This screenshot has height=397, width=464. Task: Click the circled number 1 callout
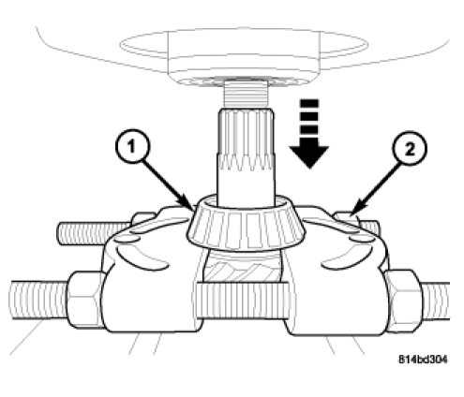click(132, 145)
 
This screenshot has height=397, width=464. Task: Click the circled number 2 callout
click(409, 149)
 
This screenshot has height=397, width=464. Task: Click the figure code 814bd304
click(423, 360)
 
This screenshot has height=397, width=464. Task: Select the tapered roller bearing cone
click(247, 224)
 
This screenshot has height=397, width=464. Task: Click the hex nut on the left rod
click(85, 299)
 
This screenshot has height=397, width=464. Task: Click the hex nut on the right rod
click(404, 301)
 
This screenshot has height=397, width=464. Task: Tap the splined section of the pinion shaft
click(247, 139)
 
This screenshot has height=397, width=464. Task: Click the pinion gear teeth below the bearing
click(243, 266)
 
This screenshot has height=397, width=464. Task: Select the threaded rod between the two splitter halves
click(243, 300)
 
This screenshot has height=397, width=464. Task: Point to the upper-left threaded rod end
click(94, 232)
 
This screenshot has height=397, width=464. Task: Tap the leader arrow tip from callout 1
click(194, 210)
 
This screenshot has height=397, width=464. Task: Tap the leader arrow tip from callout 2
click(352, 214)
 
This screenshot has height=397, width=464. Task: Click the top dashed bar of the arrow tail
click(309, 103)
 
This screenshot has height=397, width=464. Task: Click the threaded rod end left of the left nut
click(39, 300)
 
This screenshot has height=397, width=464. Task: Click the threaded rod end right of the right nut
click(436, 301)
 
